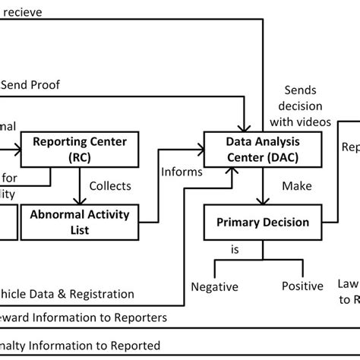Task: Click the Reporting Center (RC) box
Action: tap(79, 150)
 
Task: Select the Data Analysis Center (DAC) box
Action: tap(263, 150)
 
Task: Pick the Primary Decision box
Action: tap(263, 223)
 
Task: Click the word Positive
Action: tap(302, 286)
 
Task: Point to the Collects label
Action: tap(110, 185)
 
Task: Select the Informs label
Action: tap(182, 172)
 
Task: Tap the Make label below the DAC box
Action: tap(296, 185)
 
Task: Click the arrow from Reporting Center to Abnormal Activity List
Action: tap(79, 185)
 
